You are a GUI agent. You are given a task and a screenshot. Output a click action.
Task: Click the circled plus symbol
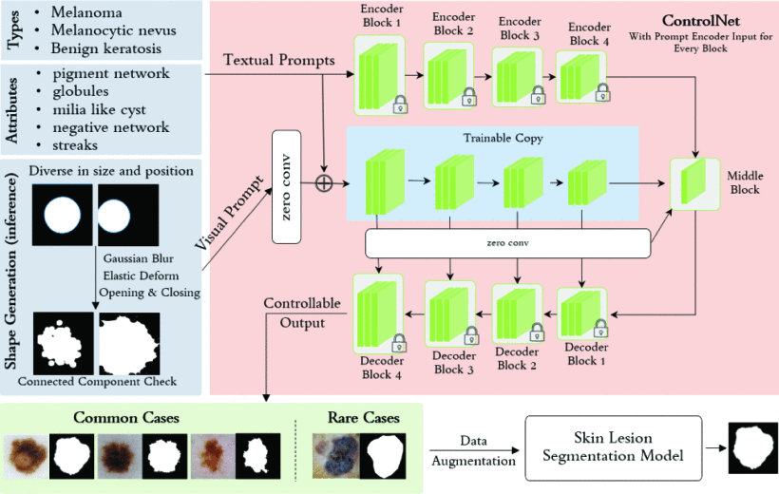(x=324, y=182)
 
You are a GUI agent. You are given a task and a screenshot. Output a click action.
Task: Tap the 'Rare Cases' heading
(x=363, y=418)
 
